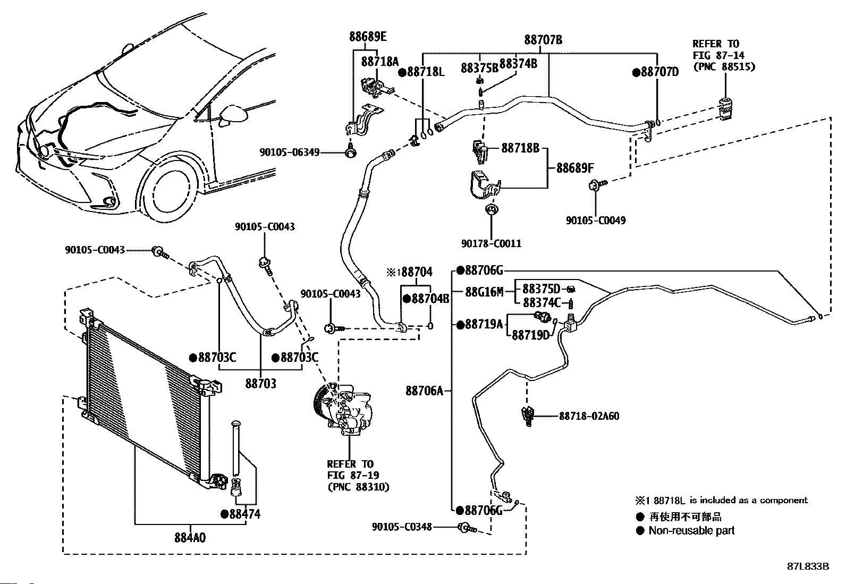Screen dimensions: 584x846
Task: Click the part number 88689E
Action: click(368, 37)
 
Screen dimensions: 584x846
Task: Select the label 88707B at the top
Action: click(543, 40)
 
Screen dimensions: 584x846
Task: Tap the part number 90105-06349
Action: click(290, 153)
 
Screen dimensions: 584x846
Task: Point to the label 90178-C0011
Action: click(491, 243)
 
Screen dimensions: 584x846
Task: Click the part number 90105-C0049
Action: click(595, 220)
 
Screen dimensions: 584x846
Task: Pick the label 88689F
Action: click(574, 168)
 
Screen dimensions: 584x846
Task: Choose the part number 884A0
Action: click(190, 537)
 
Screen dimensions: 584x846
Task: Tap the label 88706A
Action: click(424, 391)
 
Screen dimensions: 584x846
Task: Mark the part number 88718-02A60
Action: click(589, 416)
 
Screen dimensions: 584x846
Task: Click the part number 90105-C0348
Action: click(402, 527)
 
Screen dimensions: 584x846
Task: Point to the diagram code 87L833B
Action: click(808, 566)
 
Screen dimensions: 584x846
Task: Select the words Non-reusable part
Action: click(691, 530)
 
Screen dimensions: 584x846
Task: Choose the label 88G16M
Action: click(484, 291)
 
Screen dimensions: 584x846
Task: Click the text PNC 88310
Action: click(358, 486)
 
